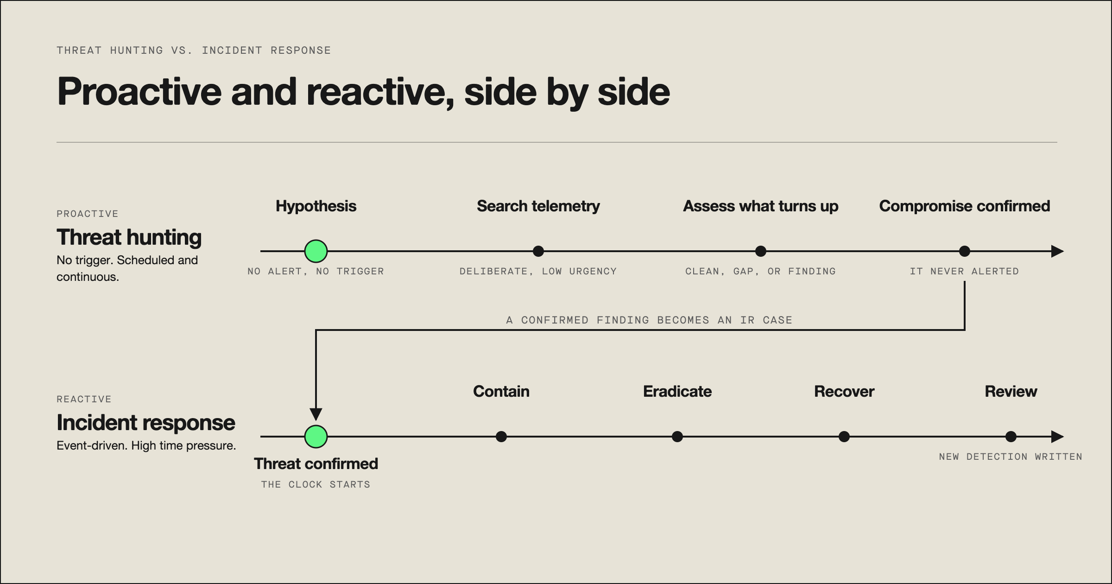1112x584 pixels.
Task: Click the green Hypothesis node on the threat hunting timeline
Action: point(316,251)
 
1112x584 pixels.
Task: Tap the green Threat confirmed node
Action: point(316,437)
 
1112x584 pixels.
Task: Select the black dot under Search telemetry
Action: point(538,251)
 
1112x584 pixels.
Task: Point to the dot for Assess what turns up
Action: point(761,251)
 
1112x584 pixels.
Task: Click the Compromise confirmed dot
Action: point(965,251)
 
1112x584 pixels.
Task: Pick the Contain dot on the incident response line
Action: point(501,437)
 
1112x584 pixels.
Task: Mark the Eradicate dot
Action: point(677,437)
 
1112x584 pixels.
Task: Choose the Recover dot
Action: point(844,437)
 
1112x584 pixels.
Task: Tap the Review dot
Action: point(1011,437)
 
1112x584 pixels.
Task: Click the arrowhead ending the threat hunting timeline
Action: point(1058,251)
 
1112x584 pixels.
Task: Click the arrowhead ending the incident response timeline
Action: point(1058,437)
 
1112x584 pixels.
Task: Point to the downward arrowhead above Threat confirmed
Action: point(316,414)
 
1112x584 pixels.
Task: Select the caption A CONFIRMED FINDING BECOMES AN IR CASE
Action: point(649,320)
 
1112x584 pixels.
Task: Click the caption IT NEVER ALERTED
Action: point(965,271)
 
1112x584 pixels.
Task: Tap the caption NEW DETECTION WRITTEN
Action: point(1011,457)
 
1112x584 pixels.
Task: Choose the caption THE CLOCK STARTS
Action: point(316,484)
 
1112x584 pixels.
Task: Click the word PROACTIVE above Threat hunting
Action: point(88,214)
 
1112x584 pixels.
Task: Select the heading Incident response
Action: point(146,423)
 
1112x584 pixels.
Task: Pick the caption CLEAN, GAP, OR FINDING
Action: point(760,271)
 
